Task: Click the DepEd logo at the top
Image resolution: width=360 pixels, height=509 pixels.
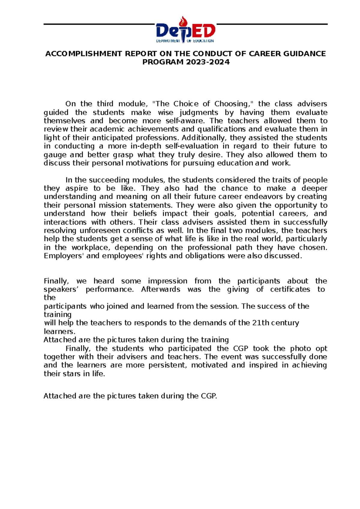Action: coord(185,30)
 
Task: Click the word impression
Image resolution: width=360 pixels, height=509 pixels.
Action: coord(167,281)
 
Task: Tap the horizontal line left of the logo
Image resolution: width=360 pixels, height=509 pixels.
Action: coord(99,24)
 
